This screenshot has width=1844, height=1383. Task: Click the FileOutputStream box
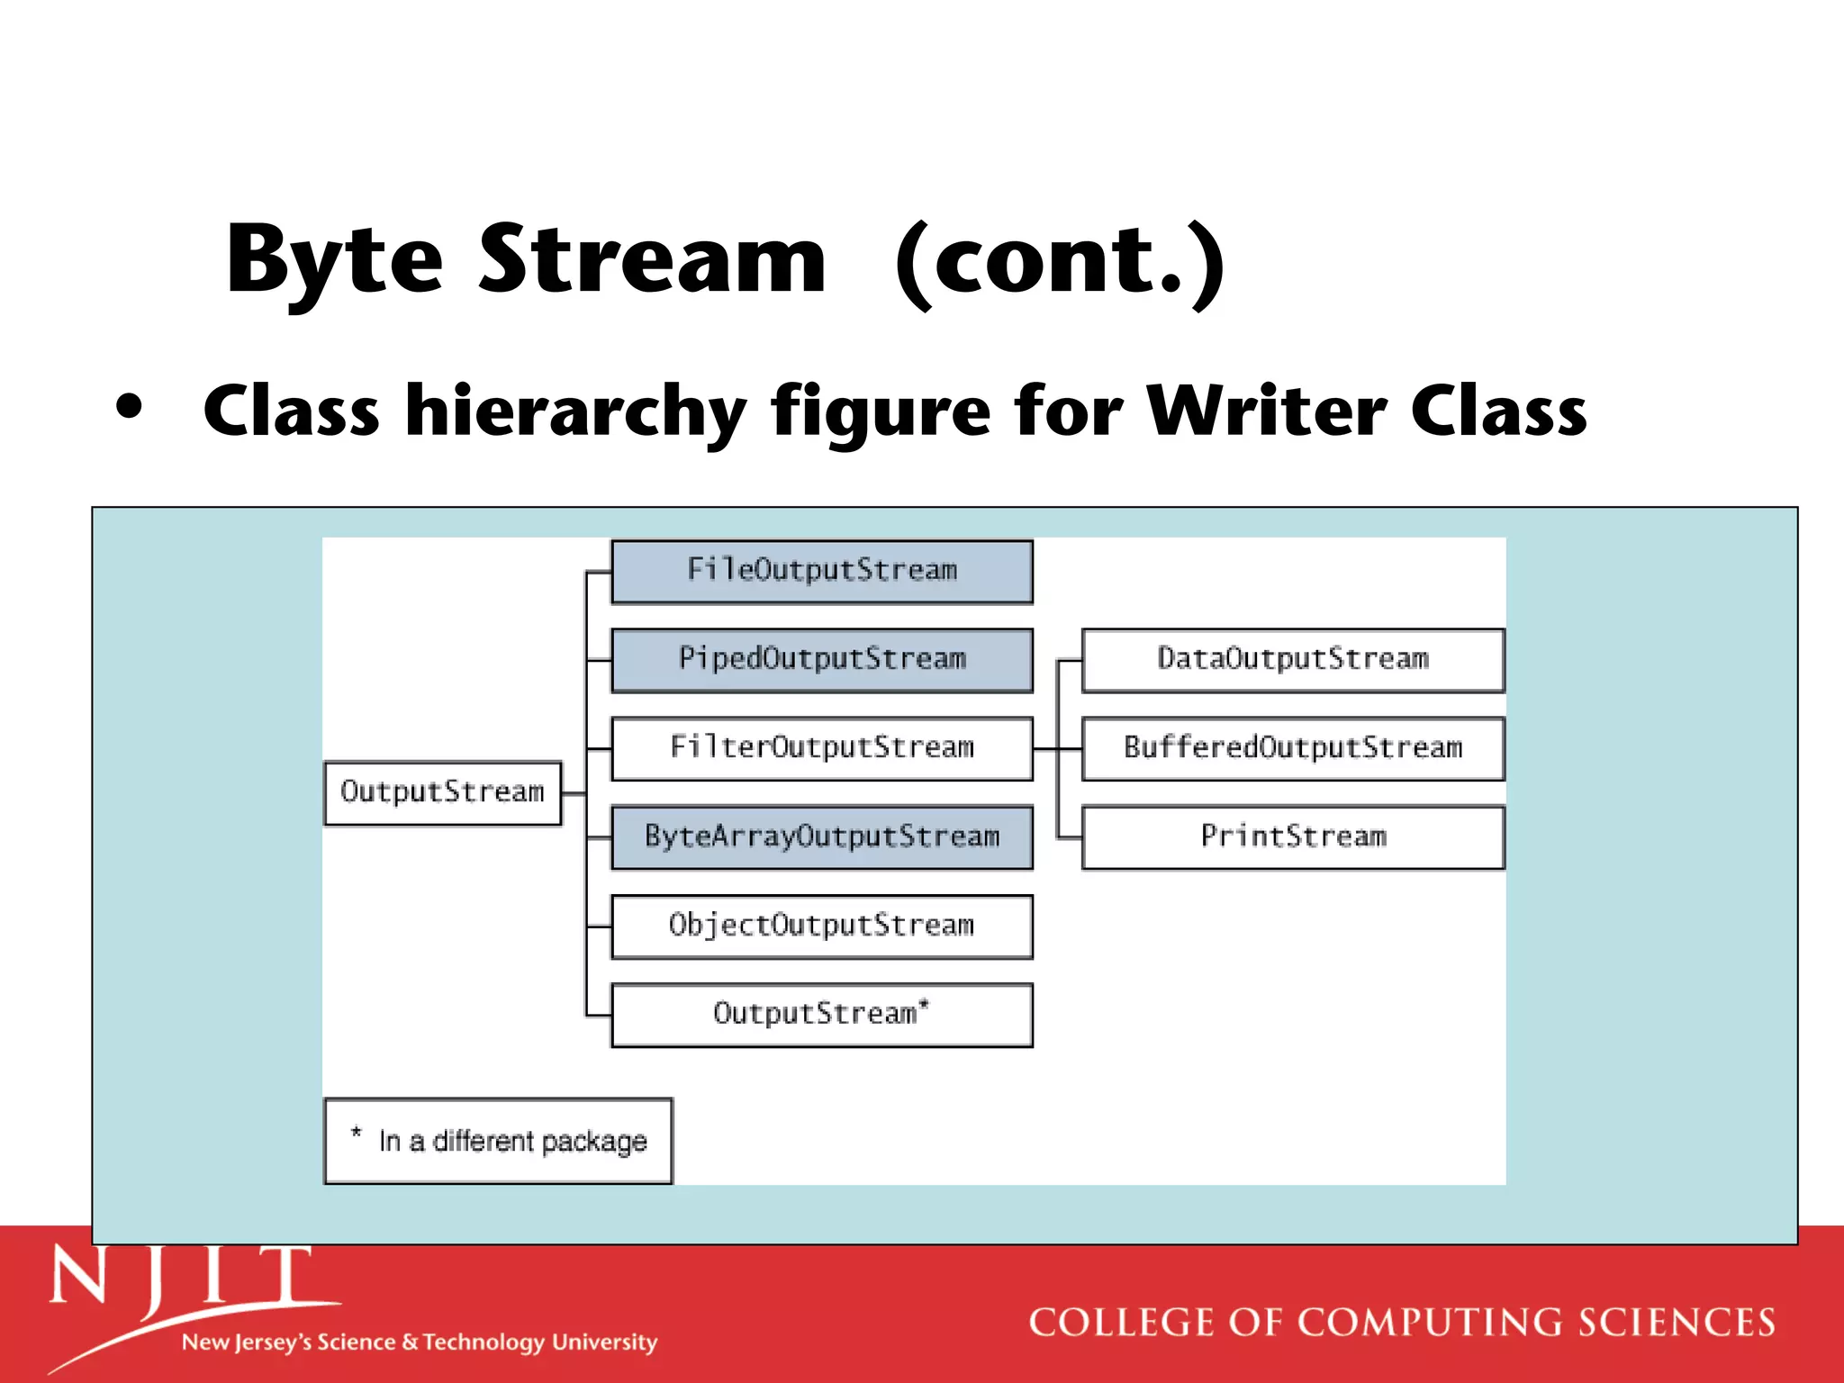tap(821, 571)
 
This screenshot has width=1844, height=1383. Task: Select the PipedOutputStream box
tap(821, 659)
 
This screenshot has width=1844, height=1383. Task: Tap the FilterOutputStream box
tap(821, 747)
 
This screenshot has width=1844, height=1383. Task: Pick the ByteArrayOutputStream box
tap(821, 836)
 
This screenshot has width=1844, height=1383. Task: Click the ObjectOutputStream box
tap(821, 926)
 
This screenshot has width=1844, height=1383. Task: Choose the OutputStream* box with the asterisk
tap(821, 1014)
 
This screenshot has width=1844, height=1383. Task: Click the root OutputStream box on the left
tap(442, 792)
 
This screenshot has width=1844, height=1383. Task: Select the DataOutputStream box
tap(1292, 659)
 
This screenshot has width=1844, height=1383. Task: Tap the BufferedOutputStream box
tap(1292, 747)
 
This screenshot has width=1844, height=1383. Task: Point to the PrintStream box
tap(1292, 836)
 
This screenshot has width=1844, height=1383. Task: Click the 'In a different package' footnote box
tap(498, 1141)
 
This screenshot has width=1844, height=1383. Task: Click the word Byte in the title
tap(334, 261)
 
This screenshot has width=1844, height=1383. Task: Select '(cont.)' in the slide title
tap(1060, 263)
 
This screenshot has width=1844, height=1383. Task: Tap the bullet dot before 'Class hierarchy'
tap(130, 407)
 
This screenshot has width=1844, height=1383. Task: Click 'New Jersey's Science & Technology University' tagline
tap(420, 1342)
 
